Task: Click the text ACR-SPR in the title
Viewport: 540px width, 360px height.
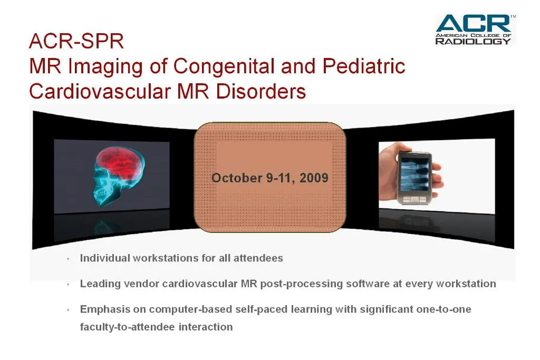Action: pyautogui.click(x=76, y=41)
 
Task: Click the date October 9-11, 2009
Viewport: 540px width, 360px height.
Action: pyautogui.click(x=269, y=178)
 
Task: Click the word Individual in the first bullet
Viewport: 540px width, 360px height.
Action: pyautogui.click(x=104, y=258)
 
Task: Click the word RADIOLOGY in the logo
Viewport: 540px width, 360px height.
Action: pyautogui.click(x=473, y=41)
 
